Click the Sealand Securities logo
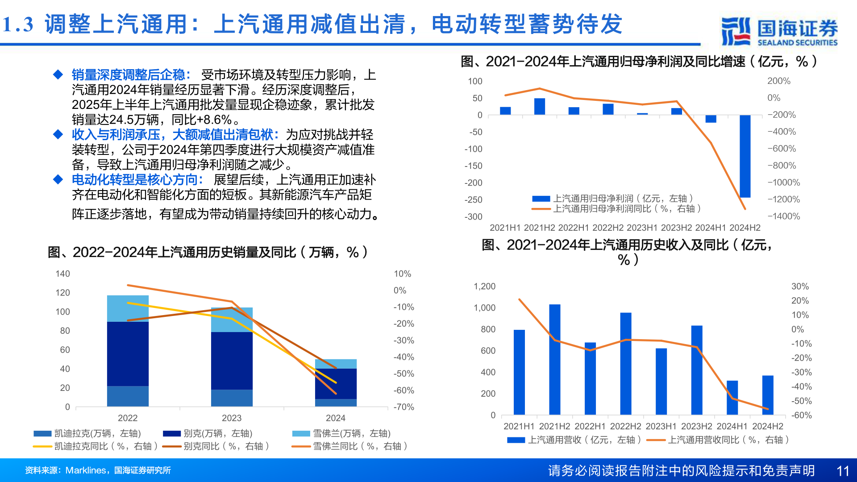click(x=779, y=31)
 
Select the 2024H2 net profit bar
click(x=745, y=156)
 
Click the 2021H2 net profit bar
click(x=539, y=107)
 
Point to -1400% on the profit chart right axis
click(x=783, y=216)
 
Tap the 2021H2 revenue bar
click(x=554, y=359)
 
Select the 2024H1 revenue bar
click(x=732, y=397)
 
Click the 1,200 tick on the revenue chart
click(x=484, y=287)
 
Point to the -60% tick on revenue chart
click(x=801, y=415)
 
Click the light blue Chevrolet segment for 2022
click(x=128, y=308)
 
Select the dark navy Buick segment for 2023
click(x=232, y=361)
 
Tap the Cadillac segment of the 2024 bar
click(x=336, y=403)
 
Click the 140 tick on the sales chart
click(x=62, y=274)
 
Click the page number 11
click(x=842, y=471)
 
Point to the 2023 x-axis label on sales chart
click(x=231, y=418)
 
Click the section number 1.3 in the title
click(x=18, y=25)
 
